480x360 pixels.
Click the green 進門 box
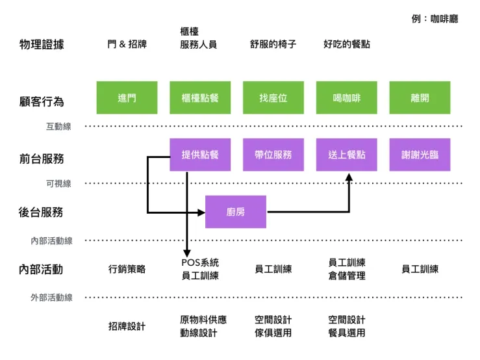click(127, 98)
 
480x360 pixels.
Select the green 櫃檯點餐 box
click(200, 98)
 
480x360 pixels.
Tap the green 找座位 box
click(273, 98)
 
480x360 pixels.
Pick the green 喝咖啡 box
click(346, 98)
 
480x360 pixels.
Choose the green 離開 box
click(419, 98)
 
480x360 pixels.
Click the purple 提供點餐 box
click(200, 155)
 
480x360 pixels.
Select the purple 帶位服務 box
click(273, 155)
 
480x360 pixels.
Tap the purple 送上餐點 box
click(346, 155)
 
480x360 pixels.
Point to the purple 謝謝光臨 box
click(419, 155)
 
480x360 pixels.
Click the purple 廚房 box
click(236, 212)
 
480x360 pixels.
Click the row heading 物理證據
click(42, 45)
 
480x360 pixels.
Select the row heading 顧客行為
click(42, 101)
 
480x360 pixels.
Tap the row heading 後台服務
click(42, 212)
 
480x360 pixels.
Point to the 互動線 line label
click(58, 127)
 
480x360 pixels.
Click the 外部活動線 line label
click(51, 298)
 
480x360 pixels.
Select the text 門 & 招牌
click(127, 45)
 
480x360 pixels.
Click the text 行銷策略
click(127, 269)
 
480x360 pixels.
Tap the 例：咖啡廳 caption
click(435, 19)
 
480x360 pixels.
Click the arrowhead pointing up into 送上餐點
click(349, 177)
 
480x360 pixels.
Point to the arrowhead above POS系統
click(187, 252)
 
